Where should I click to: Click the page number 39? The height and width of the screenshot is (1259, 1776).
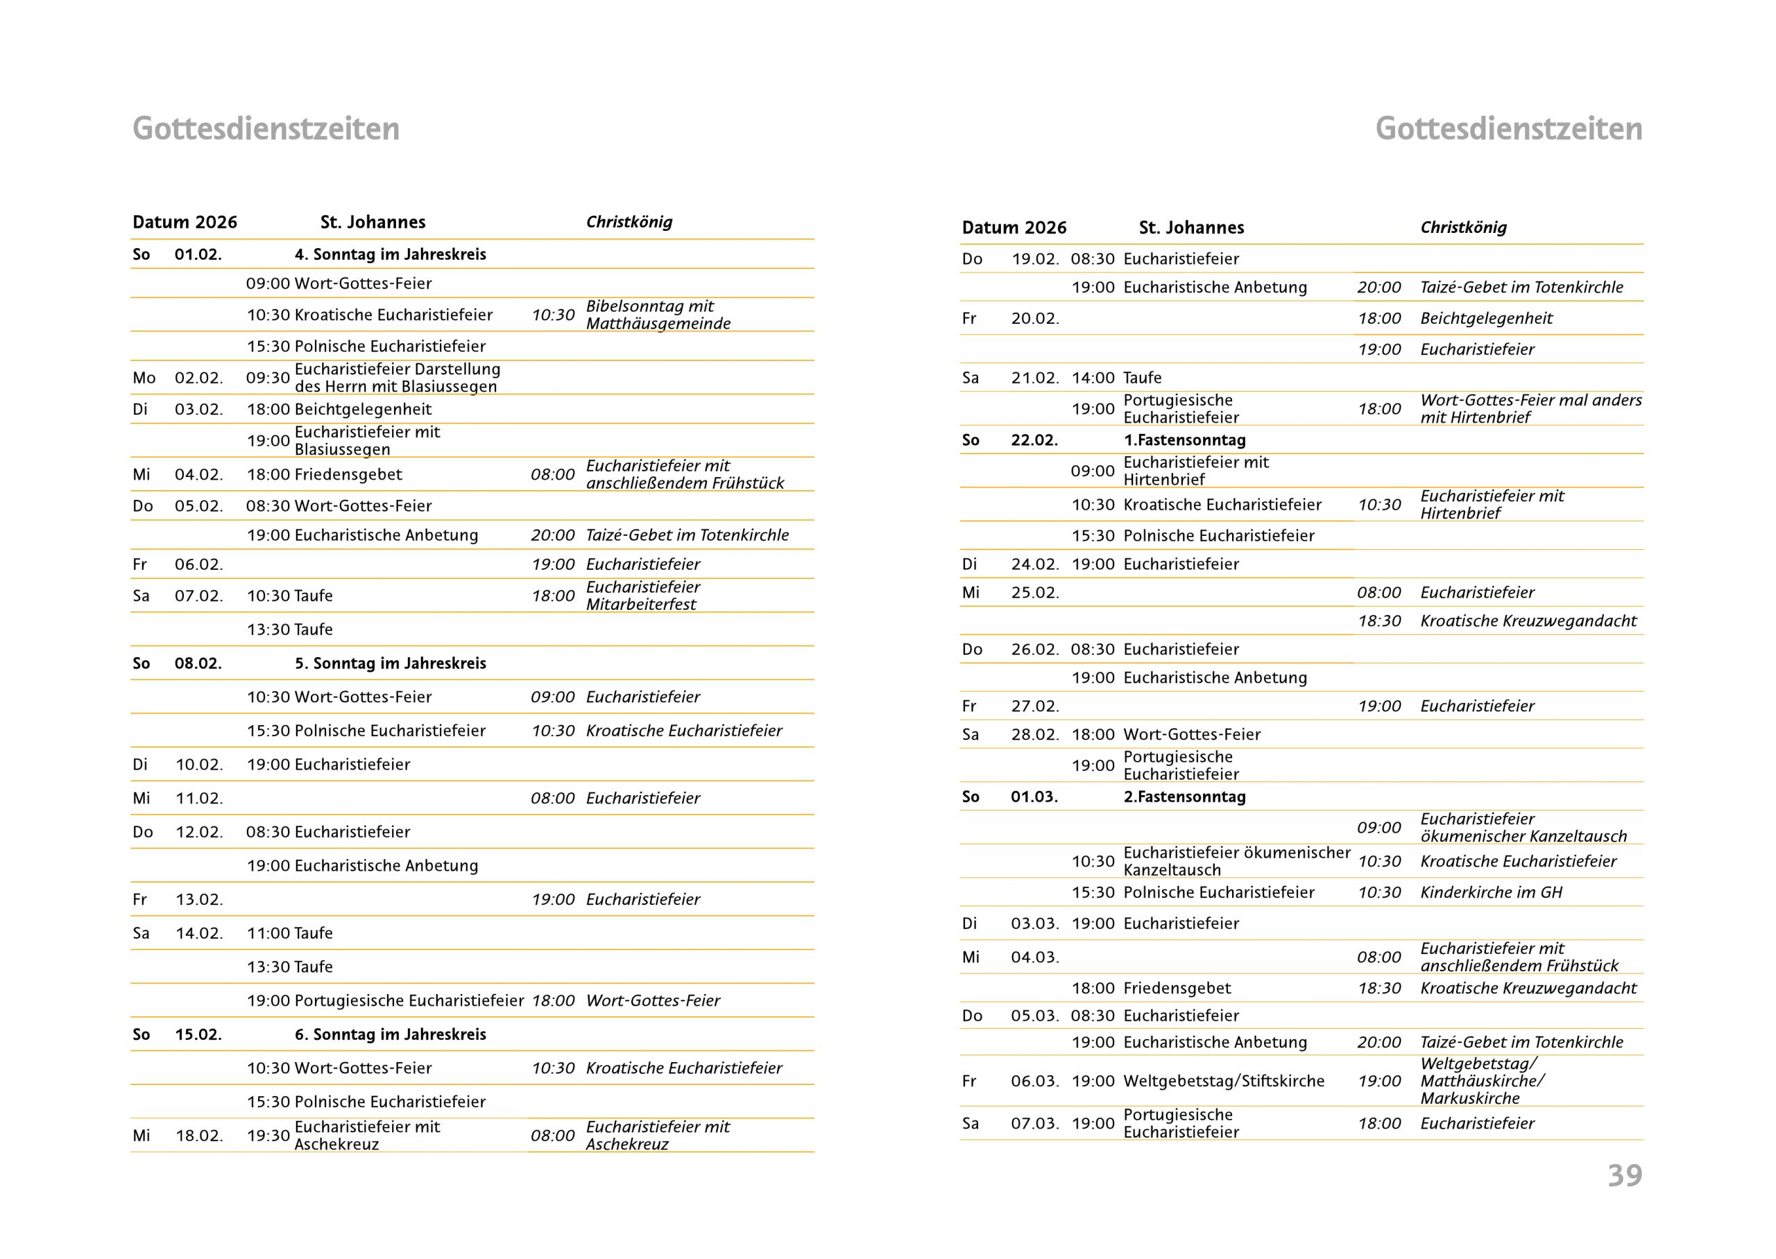click(x=1624, y=1176)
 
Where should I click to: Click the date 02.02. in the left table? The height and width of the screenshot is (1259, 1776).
click(x=198, y=379)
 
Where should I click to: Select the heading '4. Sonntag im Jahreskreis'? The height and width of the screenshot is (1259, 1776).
click(x=390, y=254)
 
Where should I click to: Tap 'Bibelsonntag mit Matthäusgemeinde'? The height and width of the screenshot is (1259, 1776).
click(x=658, y=315)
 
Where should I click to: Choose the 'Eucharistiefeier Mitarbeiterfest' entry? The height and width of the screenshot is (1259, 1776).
click(x=643, y=596)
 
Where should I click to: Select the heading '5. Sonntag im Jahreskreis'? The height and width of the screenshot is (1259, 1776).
click(x=390, y=663)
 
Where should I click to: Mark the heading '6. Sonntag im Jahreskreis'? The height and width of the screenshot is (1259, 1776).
click(x=390, y=1034)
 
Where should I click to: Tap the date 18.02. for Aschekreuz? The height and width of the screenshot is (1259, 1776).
click(x=198, y=1136)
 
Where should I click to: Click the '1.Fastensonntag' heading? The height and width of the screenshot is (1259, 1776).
click(x=1184, y=440)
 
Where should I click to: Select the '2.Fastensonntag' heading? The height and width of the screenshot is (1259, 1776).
click(x=1184, y=797)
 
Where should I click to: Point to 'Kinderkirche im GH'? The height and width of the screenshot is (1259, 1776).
click(x=1491, y=892)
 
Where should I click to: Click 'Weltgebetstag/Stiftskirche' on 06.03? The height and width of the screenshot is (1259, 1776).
click(x=1224, y=1081)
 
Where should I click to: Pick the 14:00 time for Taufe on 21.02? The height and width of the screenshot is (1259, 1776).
click(x=1093, y=379)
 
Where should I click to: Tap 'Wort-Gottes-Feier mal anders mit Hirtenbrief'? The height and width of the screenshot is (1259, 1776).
click(x=1530, y=408)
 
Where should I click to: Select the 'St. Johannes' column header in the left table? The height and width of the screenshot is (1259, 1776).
click(x=373, y=223)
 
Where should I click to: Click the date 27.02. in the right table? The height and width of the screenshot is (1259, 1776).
click(x=1034, y=706)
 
